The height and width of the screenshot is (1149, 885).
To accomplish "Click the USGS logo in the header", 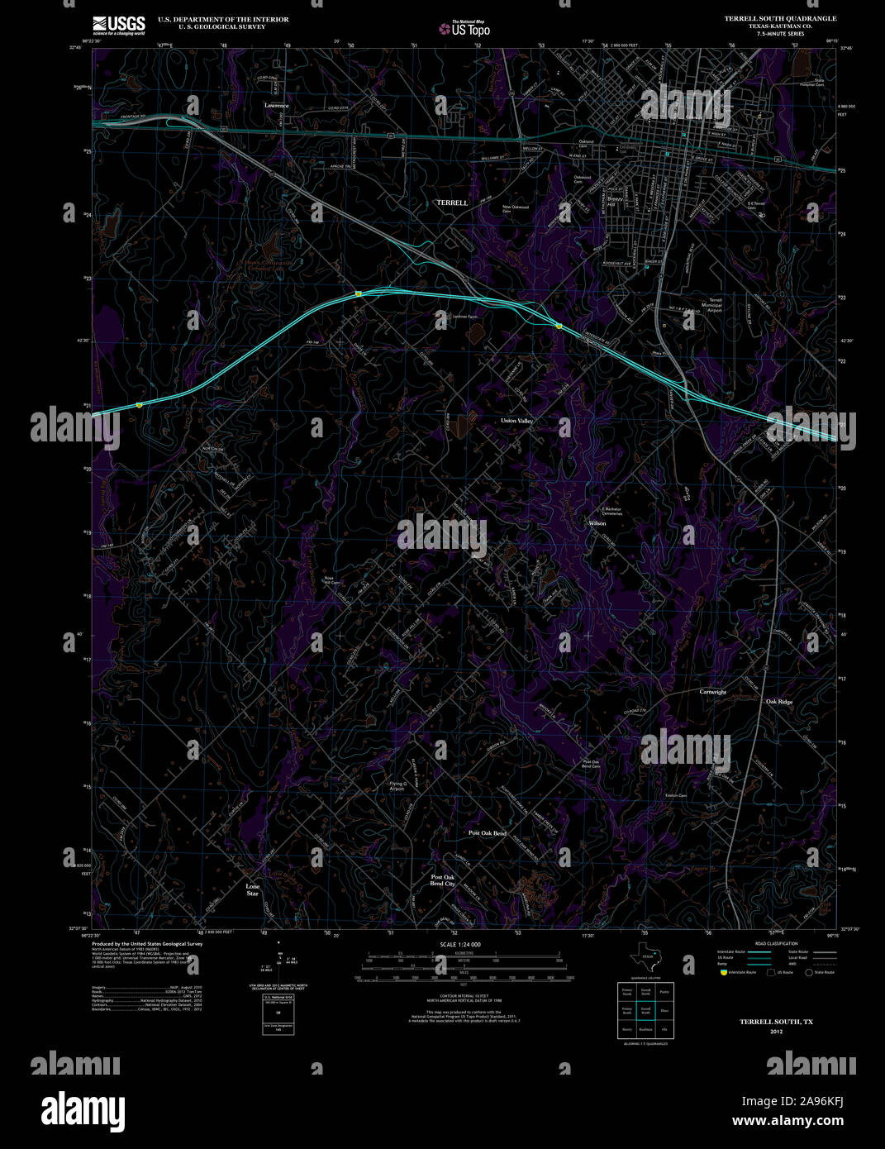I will click(x=119, y=24).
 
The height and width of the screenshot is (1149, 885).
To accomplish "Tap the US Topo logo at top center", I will click(x=464, y=29).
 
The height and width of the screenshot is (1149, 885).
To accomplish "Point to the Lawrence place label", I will click(x=277, y=106).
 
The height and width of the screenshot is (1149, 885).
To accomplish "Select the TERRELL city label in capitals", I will click(x=452, y=203).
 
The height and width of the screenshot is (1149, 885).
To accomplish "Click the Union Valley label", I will click(x=517, y=421).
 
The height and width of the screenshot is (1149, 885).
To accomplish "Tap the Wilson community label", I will click(x=597, y=523).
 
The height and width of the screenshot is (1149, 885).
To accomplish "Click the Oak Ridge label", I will click(x=778, y=702).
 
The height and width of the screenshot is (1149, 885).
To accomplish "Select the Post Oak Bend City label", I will click(x=443, y=880).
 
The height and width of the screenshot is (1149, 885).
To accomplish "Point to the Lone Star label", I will click(x=253, y=889).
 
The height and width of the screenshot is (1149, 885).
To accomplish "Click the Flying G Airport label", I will click(x=397, y=786).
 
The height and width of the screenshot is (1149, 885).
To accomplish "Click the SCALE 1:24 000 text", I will click(x=460, y=944).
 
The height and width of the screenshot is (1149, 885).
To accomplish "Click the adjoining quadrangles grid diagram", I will click(x=645, y=1009).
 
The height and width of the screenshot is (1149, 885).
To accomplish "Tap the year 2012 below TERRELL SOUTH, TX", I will click(x=776, y=1032).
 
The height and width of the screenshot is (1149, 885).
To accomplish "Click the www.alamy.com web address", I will click(x=787, y=1121).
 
